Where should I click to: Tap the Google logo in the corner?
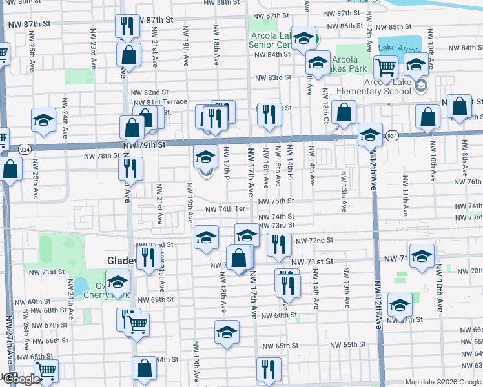[20, 379]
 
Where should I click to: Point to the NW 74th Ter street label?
[225, 209]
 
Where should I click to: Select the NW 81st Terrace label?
[159, 102]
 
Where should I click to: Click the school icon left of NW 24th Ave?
[43, 120]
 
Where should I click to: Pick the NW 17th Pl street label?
[227, 163]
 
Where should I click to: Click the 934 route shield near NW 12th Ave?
[391, 136]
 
